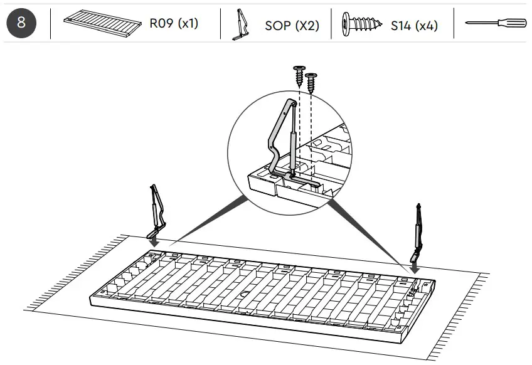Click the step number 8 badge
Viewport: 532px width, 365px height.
(21, 24)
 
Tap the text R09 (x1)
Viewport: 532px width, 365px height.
(173, 24)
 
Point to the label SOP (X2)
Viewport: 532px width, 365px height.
(290, 25)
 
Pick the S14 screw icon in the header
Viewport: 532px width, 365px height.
(362, 24)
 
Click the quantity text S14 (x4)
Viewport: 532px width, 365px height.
(414, 25)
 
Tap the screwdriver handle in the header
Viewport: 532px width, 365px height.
(508, 23)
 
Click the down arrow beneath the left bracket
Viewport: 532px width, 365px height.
(153, 240)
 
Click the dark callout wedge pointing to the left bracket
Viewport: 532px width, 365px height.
(207, 220)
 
